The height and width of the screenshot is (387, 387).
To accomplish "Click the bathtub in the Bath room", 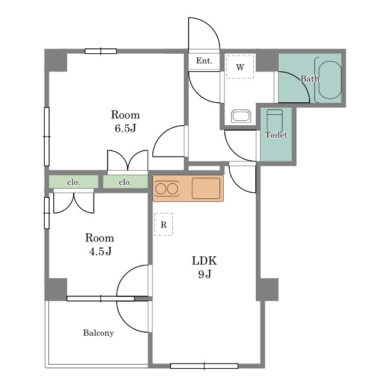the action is pos(328,80).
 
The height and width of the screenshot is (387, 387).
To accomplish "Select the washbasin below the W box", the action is pos(241,116).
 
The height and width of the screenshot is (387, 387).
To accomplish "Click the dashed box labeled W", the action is pos(240,67).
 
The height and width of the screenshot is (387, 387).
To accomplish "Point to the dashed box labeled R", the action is pos(163,224).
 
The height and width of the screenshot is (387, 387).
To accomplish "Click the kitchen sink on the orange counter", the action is pos(206,188).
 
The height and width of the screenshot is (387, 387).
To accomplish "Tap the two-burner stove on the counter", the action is pos(167,189).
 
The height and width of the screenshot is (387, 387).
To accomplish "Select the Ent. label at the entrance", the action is pos(204,60).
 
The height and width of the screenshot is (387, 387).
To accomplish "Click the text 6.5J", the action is pos(125,128).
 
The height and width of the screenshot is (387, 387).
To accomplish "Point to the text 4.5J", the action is pos(100,252).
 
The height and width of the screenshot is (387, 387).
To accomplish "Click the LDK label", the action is pos(204,261).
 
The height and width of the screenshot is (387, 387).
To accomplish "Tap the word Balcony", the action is pos(99,333).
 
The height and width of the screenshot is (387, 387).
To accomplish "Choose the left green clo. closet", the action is pos(74,182).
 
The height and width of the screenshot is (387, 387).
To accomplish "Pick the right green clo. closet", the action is pos(125,182).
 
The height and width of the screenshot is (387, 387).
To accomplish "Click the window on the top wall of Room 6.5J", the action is pos(101,51).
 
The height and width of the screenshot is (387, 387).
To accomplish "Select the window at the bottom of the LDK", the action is pos(204,366).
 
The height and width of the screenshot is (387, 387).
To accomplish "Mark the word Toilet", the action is pos(276,135).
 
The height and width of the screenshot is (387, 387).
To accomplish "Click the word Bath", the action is pos(310,79).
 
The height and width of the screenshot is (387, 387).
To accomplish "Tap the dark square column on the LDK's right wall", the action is pos(267,290).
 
